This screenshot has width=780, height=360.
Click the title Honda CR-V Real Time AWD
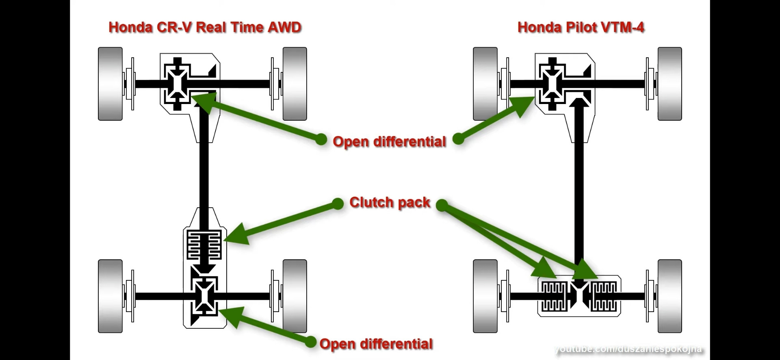point(205,27)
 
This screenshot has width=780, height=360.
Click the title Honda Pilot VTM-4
point(581,27)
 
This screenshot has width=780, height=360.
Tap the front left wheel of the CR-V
point(110,84)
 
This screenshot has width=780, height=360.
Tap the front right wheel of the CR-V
point(295,84)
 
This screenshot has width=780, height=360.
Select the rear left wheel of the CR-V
point(110,296)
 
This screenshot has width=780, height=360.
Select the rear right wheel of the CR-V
point(295,296)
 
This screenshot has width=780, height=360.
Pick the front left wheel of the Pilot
point(485,84)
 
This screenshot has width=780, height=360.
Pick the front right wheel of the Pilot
point(669,84)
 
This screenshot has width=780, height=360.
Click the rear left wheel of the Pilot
point(485,296)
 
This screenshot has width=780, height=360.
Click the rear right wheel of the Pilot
point(669,296)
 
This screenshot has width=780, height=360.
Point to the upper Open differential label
point(389,141)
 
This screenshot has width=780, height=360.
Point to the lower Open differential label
point(376,344)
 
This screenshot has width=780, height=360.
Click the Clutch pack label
point(390,202)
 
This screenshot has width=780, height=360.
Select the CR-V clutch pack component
point(204,245)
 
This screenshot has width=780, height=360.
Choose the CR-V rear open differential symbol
point(204,296)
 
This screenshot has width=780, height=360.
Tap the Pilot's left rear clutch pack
point(554,296)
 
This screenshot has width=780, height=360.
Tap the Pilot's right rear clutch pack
point(604,296)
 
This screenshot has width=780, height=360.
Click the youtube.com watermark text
point(628,349)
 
